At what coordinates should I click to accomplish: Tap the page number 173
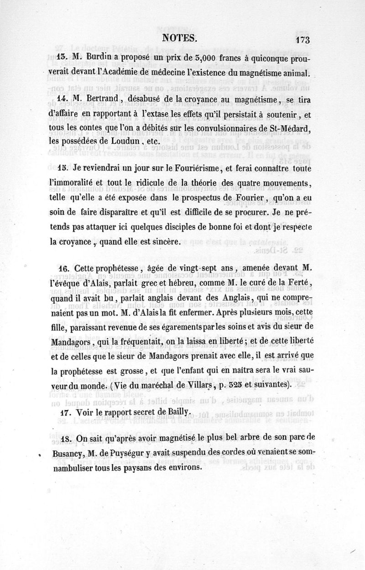(302, 40)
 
